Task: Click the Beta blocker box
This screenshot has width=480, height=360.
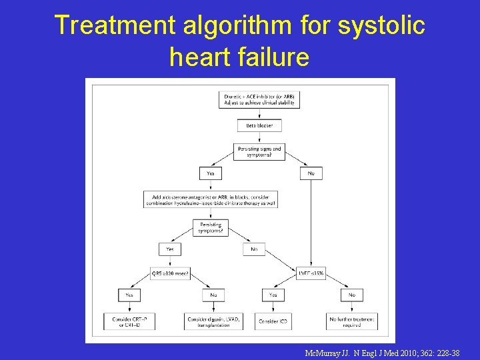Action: tap(259, 125)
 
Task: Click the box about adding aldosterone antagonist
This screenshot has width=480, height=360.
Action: tap(211, 200)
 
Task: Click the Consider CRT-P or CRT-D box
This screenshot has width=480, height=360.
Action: tap(129, 321)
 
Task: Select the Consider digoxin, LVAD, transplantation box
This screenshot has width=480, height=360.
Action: tap(213, 321)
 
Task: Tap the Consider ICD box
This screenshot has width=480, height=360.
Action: tap(273, 321)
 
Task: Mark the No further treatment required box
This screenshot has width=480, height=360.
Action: tap(352, 321)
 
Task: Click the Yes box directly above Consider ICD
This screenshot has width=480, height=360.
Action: tap(273, 295)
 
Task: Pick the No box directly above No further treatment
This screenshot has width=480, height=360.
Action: tap(352, 295)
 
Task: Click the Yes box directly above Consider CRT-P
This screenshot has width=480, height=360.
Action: tap(129, 295)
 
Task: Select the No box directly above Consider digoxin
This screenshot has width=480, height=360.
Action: tap(213, 295)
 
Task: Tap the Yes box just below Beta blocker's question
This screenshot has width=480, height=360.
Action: tap(211, 173)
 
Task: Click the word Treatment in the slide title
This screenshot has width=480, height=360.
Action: tap(106, 25)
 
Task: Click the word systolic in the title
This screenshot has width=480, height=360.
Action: tap(381, 25)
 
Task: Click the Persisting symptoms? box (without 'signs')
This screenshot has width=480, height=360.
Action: tap(211, 228)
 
